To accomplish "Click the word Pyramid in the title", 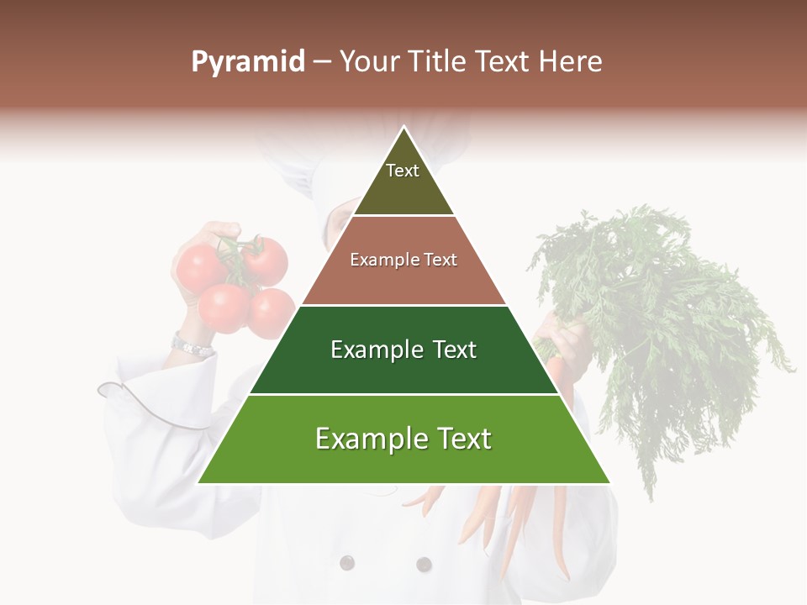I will click(247, 62).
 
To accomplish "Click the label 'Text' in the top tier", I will click(403, 171).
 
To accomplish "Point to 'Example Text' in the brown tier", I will click(403, 260).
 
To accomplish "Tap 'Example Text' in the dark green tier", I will click(403, 350).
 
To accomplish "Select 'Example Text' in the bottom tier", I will click(403, 439).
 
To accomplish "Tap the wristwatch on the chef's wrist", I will click(191, 345).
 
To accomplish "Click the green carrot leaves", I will click(664, 319).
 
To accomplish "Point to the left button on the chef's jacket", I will click(346, 562).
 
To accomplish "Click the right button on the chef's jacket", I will click(424, 564).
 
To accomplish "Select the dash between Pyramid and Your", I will click(322, 62).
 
